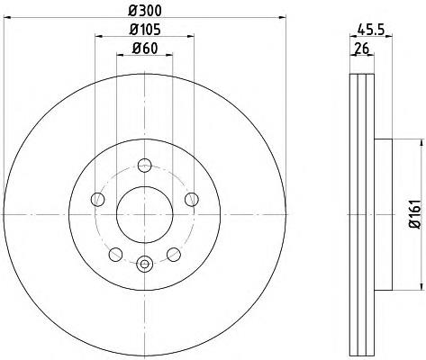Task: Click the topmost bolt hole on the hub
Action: (x=144, y=165)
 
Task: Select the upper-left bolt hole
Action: (x=99, y=199)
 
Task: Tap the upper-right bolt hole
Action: (x=190, y=199)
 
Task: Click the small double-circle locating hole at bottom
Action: (x=144, y=264)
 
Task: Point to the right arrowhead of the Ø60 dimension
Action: (x=168, y=57)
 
